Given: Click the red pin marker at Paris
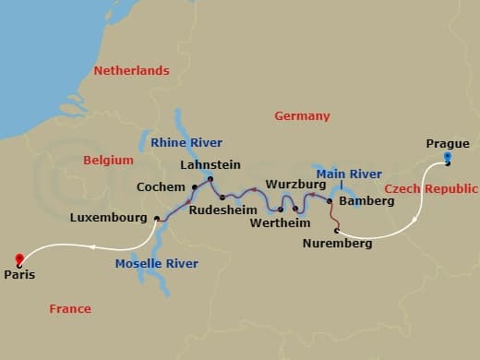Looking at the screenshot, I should (19, 259).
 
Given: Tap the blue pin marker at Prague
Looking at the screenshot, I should (447, 158).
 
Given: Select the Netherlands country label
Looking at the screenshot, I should (131, 71).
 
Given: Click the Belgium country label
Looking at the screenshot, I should (108, 160).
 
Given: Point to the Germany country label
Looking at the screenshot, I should (302, 116).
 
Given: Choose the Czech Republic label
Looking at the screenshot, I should (430, 188).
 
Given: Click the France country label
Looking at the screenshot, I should (70, 309).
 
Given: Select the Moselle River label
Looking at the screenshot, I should (157, 264).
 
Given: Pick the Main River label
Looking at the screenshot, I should (349, 174).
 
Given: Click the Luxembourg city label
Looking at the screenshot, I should (109, 219).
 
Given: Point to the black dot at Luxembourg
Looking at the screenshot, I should (157, 219).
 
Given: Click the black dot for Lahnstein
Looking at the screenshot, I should (210, 178).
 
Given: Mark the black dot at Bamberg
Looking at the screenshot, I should (330, 199).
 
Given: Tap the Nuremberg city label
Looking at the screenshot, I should (338, 244).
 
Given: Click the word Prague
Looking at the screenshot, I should (448, 143).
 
